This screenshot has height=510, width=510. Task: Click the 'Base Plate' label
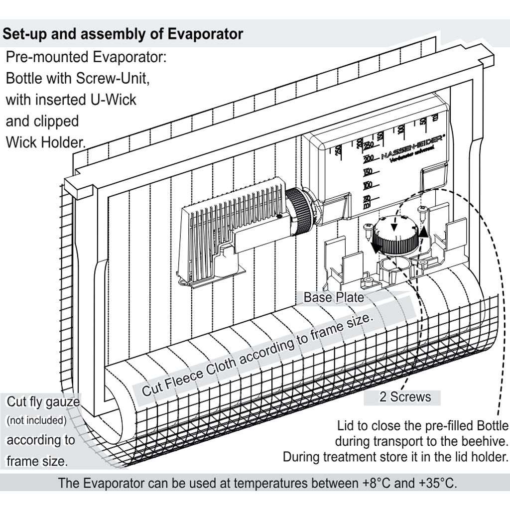pyautogui.click(x=333, y=297)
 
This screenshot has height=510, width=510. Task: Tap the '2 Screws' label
pyautogui.click(x=405, y=397)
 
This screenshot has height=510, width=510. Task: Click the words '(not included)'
pyautogui.click(x=36, y=420)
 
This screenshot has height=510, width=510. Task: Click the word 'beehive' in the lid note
pyautogui.click(x=482, y=441)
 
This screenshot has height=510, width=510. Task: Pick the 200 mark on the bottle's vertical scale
pyautogui.click(x=369, y=159)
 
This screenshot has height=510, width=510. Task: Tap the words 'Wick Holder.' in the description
pyautogui.click(x=45, y=142)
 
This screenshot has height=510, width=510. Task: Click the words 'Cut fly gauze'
pyautogui.click(x=43, y=401)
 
